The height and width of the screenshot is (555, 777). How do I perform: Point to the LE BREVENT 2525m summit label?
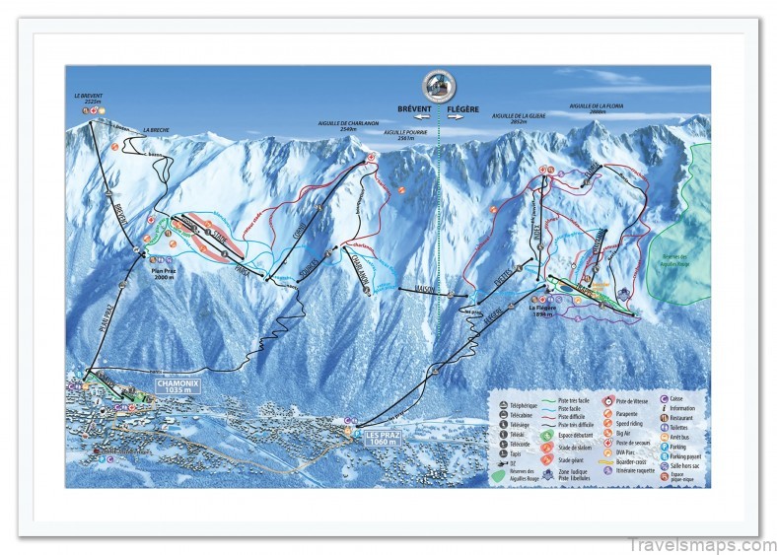pos(89,98)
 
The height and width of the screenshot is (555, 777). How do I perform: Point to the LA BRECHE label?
pos(157,130)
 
